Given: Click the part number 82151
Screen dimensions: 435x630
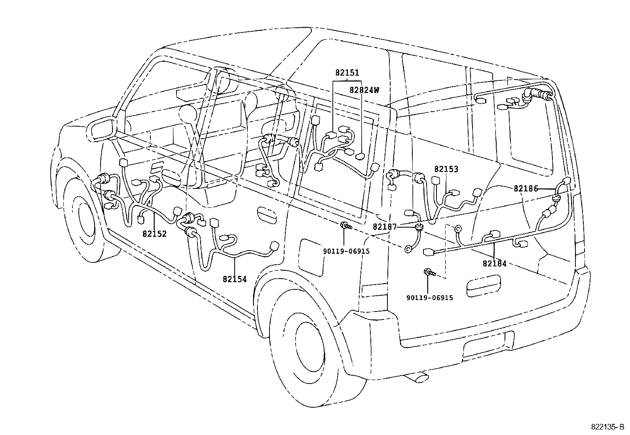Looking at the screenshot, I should point(347,73).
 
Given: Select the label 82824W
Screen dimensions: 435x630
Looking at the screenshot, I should point(364,90).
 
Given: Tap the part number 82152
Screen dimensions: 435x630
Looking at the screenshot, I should point(155,234).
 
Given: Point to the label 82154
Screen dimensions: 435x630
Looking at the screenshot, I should point(235,279).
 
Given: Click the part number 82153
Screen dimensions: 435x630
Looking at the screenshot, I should point(446,169).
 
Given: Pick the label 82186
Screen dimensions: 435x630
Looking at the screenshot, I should point(526,189).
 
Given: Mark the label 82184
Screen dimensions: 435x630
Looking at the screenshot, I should point(495,263).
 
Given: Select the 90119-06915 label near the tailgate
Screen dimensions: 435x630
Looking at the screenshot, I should point(430,298).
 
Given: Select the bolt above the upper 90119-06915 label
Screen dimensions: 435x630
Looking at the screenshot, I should point(346,226).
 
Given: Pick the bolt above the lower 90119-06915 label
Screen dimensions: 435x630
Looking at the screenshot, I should point(430,272).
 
